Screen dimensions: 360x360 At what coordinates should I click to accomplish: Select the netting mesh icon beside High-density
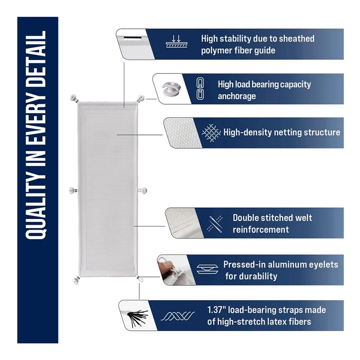(x=210, y=133)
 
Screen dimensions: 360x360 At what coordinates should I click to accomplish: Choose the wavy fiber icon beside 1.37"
(x=179, y=315)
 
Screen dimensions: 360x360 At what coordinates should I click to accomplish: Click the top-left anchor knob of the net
(x=74, y=98)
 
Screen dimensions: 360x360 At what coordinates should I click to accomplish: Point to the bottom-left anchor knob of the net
(x=74, y=281)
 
